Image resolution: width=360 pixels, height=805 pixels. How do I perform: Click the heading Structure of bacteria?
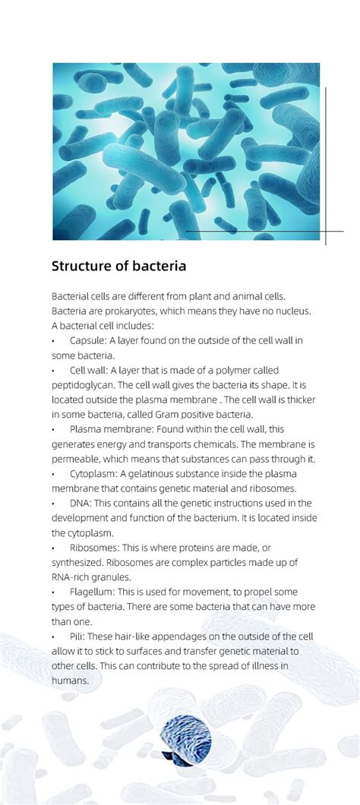pos(118,267)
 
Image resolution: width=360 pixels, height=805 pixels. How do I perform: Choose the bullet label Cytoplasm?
pos(93,473)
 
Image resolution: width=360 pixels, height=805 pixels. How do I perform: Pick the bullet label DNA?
pos(80,503)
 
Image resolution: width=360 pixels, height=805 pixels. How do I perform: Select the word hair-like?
pos(144,636)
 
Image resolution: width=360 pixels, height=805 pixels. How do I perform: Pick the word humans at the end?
pos(70,680)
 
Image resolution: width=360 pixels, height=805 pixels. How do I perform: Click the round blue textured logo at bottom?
pos(186,738)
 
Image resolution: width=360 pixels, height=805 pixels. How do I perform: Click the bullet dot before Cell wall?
pos(54,371)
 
